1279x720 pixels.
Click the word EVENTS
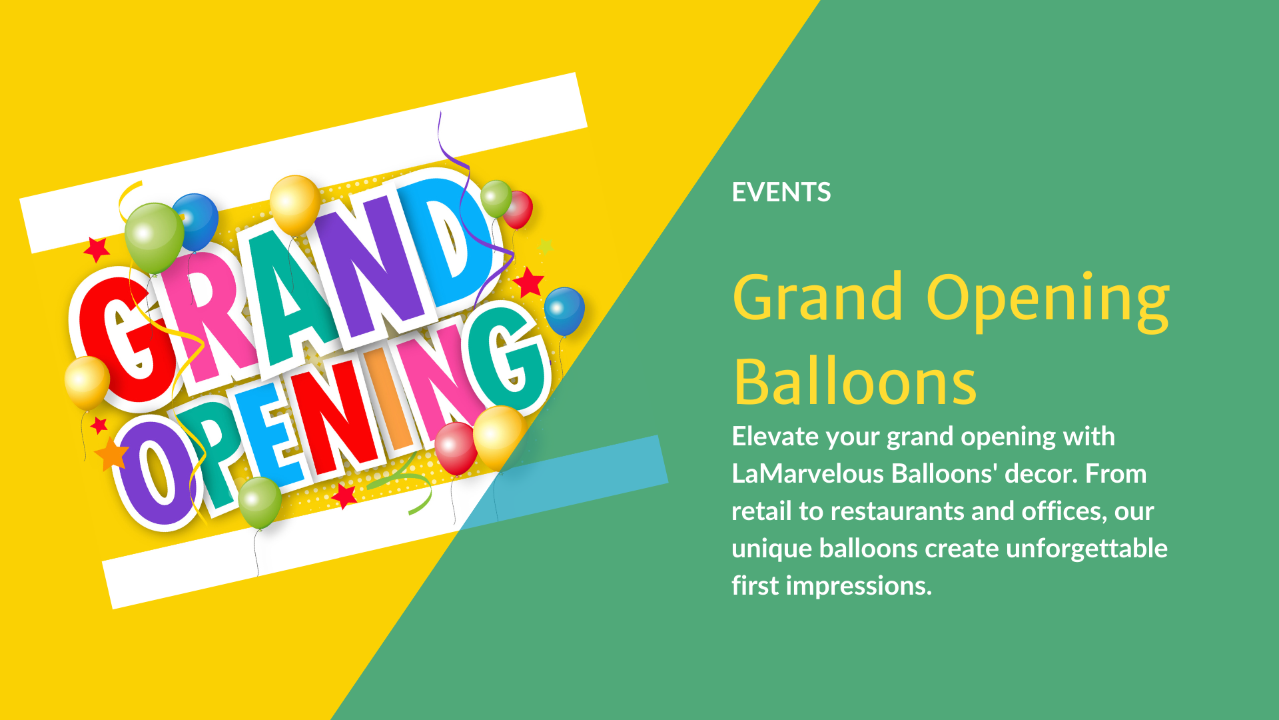[x=781, y=193]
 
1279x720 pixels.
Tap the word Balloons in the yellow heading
[x=855, y=382]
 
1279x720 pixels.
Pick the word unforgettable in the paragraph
[x=1086, y=549]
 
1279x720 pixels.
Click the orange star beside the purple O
[x=112, y=455]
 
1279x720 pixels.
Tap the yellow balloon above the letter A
[x=294, y=204]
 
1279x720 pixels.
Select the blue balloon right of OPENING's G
[x=564, y=310]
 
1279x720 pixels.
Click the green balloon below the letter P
[x=259, y=502]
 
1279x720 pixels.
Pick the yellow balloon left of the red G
[x=87, y=381]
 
